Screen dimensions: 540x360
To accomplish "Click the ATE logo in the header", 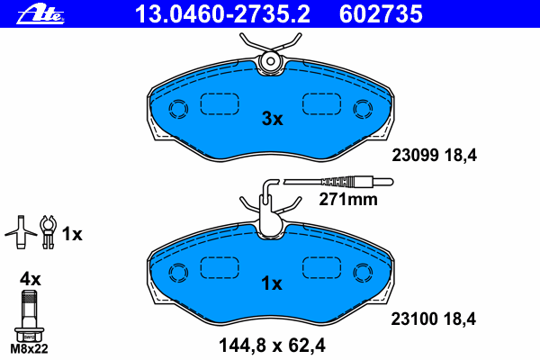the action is (40, 14).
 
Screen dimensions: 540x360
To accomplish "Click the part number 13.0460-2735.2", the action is (222, 14).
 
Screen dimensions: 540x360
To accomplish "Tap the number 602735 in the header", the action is (381, 14).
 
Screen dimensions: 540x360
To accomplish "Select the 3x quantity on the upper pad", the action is (272, 119).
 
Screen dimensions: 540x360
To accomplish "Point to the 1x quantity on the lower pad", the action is (272, 283).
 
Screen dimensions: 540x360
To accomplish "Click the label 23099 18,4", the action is (435, 156).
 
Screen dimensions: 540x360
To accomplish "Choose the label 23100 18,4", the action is (433, 319).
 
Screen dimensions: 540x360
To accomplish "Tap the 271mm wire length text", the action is (348, 200).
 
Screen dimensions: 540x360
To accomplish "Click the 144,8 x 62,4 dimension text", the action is (272, 346).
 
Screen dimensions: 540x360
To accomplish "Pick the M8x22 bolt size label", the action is (30, 349).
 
